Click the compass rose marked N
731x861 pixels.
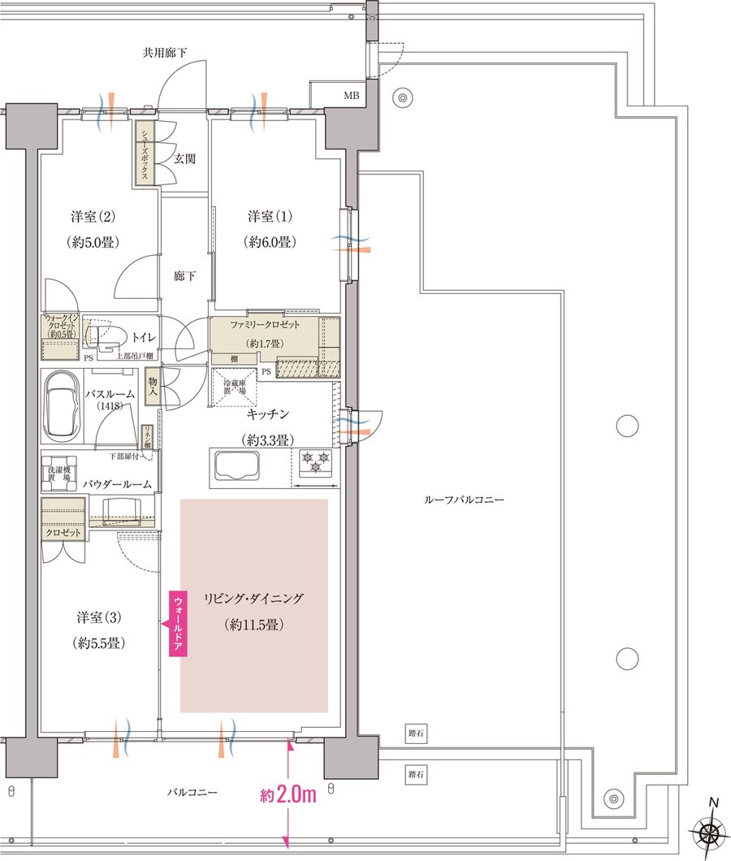tap(709, 833)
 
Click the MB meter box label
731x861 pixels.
tap(350, 96)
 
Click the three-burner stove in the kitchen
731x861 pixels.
tap(315, 464)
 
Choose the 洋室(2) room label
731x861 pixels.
tap(93, 217)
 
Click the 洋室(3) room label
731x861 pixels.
tap(100, 617)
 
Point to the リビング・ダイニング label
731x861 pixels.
tap(253, 599)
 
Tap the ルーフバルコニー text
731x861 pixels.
tap(464, 500)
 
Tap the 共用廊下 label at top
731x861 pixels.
tap(165, 54)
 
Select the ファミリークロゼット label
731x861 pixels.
tap(266, 324)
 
